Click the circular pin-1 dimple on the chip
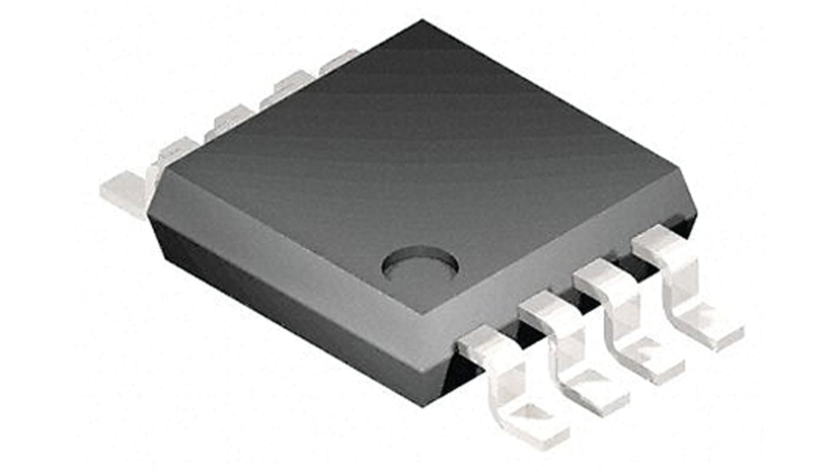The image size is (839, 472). tap(420, 264)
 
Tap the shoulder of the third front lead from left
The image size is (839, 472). tap(603, 276)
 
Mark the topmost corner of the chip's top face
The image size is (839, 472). tap(422, 22)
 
